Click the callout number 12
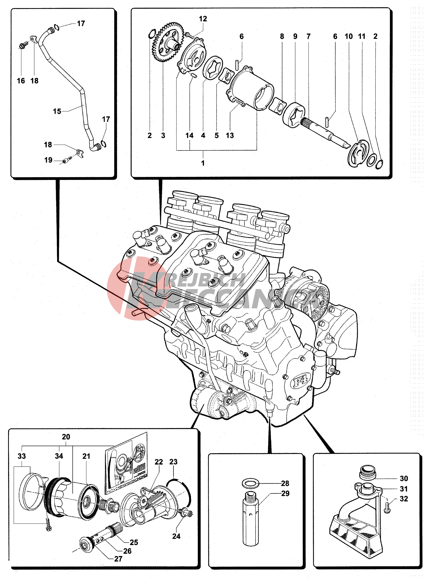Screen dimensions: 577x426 203,19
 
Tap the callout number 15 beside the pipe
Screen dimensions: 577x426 57,111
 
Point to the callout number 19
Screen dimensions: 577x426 48,160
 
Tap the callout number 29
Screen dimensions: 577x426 285,493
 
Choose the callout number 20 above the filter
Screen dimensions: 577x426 66,437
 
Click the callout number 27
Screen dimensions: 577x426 118,559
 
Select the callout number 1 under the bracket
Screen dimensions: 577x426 203,163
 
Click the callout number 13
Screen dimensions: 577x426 230,135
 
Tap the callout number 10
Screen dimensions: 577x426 349,36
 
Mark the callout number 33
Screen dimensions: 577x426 22,456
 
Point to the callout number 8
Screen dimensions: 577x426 282,36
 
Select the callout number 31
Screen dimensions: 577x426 404,489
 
